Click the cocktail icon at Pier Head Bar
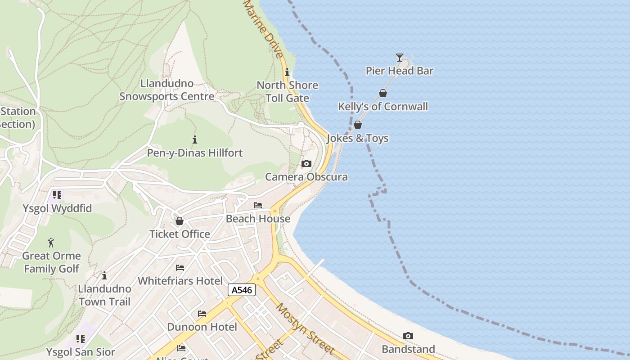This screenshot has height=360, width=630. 400,57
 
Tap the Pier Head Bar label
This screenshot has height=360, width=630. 400,71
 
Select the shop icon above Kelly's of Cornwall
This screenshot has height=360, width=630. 383,93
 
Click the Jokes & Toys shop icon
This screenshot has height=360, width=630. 358,125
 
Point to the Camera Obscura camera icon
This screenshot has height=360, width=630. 306,163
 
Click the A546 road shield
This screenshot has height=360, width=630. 242,290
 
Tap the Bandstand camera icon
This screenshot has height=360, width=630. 408,336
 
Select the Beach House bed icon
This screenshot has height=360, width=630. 258,205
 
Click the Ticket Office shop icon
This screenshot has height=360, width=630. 180,221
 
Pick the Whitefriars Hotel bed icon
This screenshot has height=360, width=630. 180,268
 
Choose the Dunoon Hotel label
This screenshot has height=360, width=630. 202,327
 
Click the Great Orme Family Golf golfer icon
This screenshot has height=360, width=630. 51,243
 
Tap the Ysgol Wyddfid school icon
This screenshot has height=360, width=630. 57,195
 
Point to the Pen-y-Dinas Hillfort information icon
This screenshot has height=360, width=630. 195,139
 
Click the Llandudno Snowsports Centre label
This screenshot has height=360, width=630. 167,90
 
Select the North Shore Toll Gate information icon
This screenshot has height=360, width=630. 287,72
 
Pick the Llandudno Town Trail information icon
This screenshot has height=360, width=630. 104,275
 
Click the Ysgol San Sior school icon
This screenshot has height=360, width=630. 81,338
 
